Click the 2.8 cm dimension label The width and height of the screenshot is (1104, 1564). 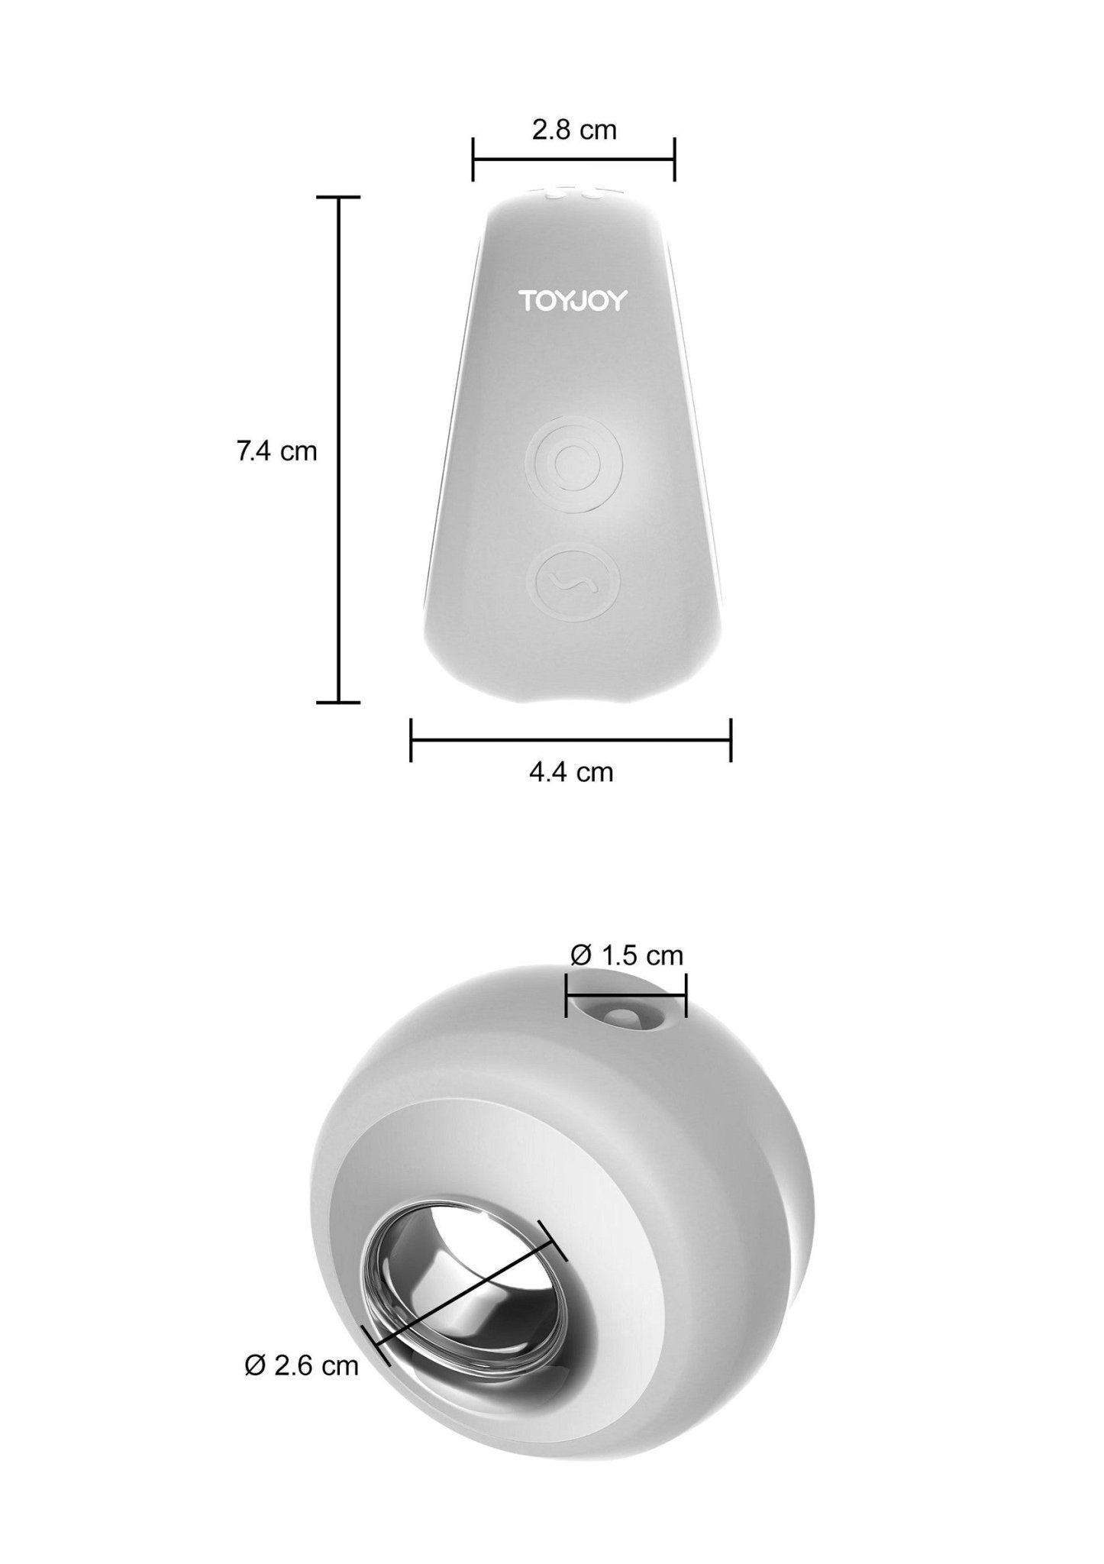[573, 131]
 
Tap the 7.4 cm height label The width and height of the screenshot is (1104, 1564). [276, 451]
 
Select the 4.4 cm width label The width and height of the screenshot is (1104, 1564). [571, 772]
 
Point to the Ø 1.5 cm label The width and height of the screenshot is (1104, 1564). [626, 955]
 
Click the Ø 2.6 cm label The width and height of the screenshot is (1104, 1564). [302, 1365]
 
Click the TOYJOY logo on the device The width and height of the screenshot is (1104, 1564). [573, 301]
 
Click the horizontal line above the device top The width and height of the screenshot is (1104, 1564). [573, 160]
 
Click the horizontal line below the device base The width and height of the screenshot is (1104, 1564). [571, 739]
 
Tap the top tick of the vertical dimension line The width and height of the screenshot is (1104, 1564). [338, 197]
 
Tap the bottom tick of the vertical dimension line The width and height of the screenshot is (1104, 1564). [338, 701]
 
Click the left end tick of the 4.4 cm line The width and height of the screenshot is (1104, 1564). [411, 739]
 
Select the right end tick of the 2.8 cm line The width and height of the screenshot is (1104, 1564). [674, 160]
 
